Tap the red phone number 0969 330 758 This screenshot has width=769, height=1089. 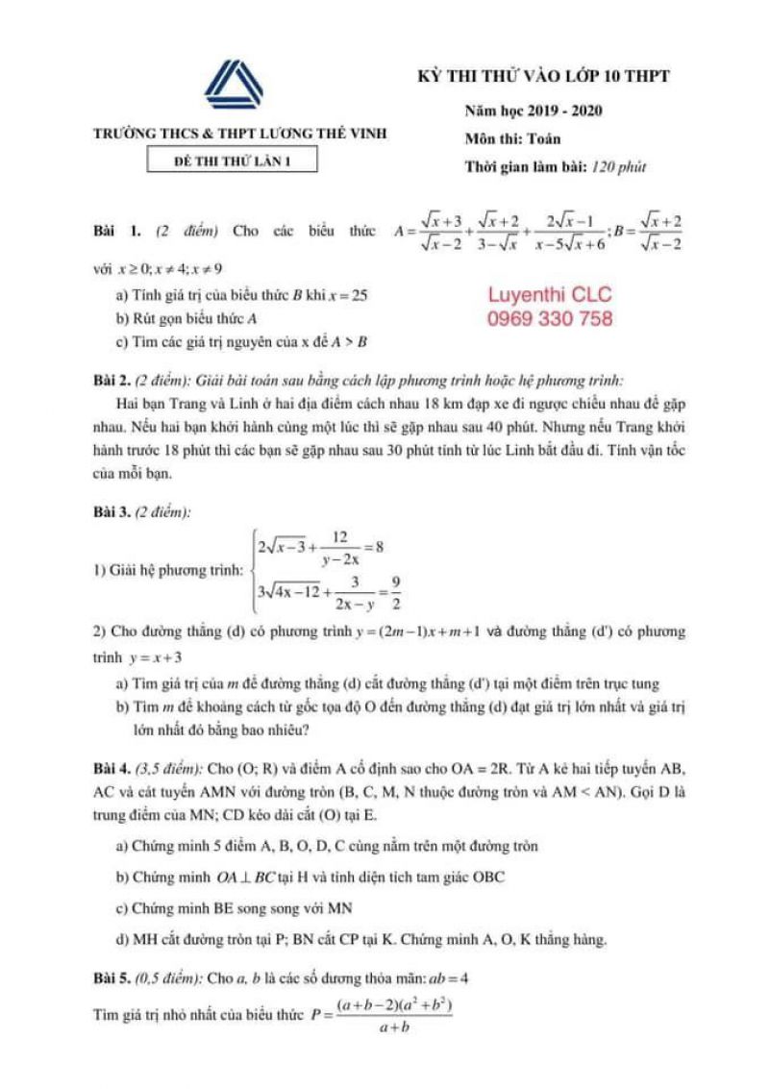[550, 319]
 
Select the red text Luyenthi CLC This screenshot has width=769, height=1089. [549, 295]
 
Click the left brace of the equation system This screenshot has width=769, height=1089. [251, 571]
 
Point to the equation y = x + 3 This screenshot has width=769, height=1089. [153, 658]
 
